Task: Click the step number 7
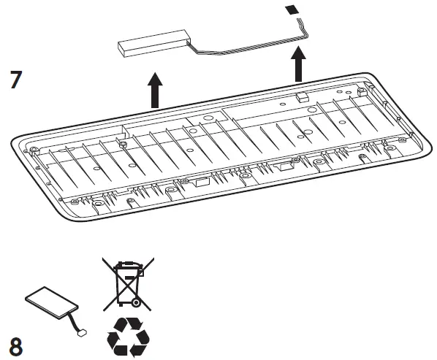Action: [15, 79]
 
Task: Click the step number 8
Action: [15, 345]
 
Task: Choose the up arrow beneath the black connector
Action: [298, 65]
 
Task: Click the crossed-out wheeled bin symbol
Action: [127, 281]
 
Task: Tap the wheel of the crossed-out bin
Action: [136, 302]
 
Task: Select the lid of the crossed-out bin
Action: [127, 265]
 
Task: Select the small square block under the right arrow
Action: [300, 96]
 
